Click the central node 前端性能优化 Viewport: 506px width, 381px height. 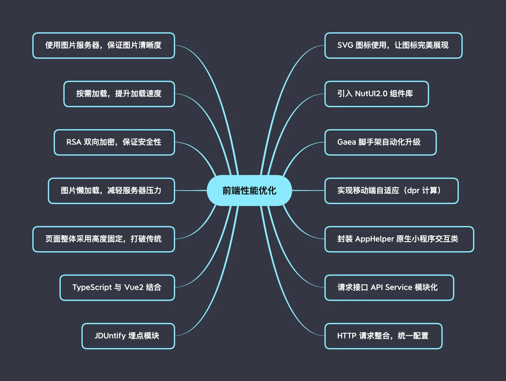coord(249,190)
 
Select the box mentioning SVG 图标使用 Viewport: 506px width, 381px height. coord(393,46)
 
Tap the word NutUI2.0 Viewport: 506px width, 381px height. coord(371,94)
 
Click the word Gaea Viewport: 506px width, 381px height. coord(346,142)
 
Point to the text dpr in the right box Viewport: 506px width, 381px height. coord(413,190)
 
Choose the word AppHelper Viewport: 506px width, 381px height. coord(374,239)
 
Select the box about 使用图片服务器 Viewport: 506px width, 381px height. coord(103,46)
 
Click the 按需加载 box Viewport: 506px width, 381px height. coord(119,94)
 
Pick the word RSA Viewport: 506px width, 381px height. coord(74,142)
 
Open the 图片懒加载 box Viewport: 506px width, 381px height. coord(111,191)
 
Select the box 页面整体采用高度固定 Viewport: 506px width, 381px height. coord(103,239)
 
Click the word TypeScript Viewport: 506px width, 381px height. coord(92,287)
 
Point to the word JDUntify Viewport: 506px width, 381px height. coord(110,336)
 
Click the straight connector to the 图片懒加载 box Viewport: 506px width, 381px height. coord(191,190)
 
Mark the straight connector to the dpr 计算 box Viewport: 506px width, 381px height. coord(308,190)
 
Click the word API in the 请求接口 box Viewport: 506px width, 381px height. coord(376,287)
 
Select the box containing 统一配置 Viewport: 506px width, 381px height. coord(383,336)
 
